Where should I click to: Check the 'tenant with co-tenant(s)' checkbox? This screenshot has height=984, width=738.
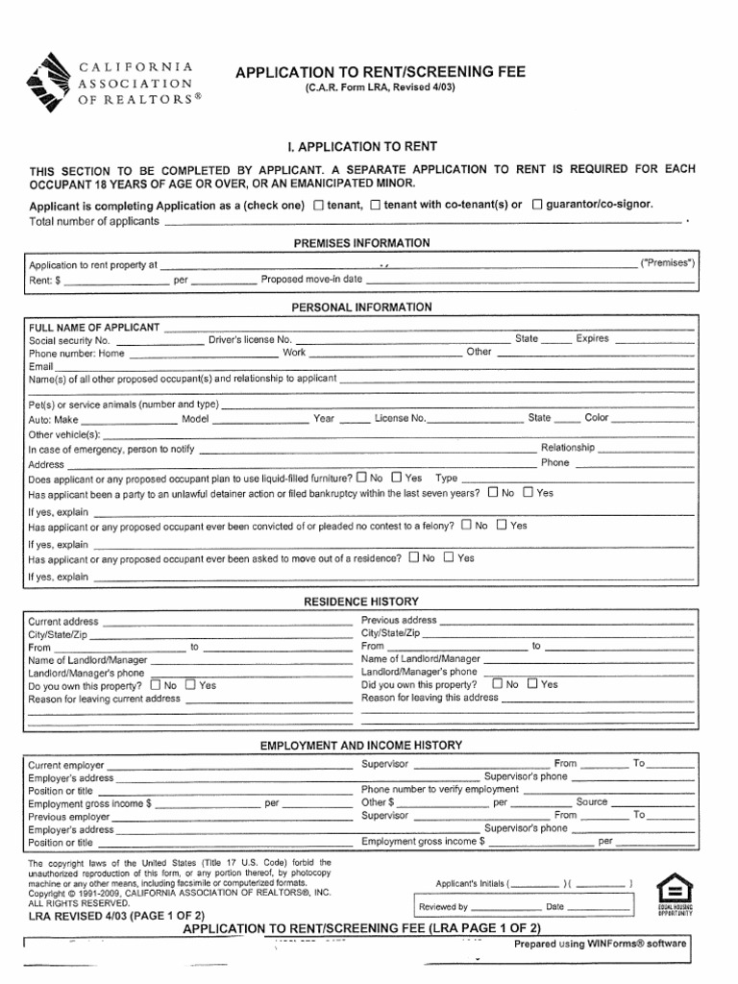pyautogui.click(x=376, y=205)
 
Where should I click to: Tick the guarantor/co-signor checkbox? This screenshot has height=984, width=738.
pyautogui.click(x=537, y=205)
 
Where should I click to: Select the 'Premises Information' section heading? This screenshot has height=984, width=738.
pyautogui.click(x=361, y=243)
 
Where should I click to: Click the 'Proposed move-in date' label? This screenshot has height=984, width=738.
pyautogui.click(x=312, y=280)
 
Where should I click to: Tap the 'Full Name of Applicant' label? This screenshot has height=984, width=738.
pyautogui.click(x=93, y=328)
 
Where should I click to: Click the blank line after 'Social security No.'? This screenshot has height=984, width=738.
pyautogui.click(x=160, y=341)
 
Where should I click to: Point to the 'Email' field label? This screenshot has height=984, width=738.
pyautogui.click(x=40, y=366)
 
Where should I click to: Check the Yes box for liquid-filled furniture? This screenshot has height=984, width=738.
pyautogui.click(x=396, y=477)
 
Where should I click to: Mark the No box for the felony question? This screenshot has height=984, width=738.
pyautogui.click(x=466, y=526)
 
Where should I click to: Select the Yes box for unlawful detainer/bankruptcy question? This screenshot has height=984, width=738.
pyautogui.click(x=527, y=492)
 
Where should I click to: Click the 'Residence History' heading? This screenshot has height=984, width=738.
pyautogui.click(x=361, y=601)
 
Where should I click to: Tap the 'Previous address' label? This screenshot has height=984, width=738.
pyautogui.click(x=399, y=621)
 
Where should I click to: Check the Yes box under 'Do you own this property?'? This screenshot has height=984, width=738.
pyautogui.click(x=190, y=685)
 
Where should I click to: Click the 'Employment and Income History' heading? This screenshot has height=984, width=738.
pyautogui.click(x=361, y=745)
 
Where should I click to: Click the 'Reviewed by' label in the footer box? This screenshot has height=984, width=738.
pyautogui.click(x=443, y=906)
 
